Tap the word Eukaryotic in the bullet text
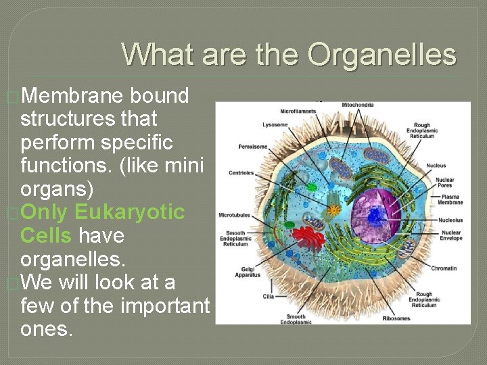click(x=129, y=212)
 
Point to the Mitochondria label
click(x=358, y=105)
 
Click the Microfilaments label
click(x=298, y=111)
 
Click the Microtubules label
click(x=235, y=216)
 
